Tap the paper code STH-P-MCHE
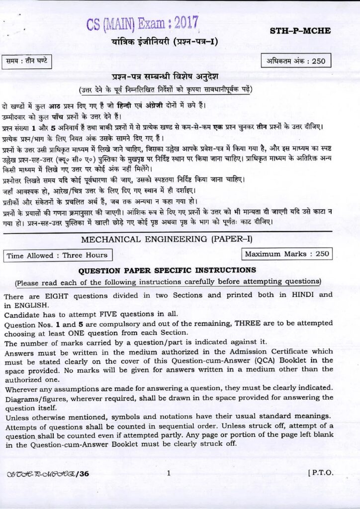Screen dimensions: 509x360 coord(300,31)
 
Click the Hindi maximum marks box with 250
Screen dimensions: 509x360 coord(297,62)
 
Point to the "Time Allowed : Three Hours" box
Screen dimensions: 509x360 coord(57,255)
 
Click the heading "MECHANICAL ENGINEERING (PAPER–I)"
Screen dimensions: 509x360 coord(167,239)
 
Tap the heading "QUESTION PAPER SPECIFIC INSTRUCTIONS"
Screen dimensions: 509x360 coord(167,270)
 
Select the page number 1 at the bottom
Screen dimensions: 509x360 coord(169,473)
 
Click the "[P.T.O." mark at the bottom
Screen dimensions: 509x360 coord(321,473)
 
